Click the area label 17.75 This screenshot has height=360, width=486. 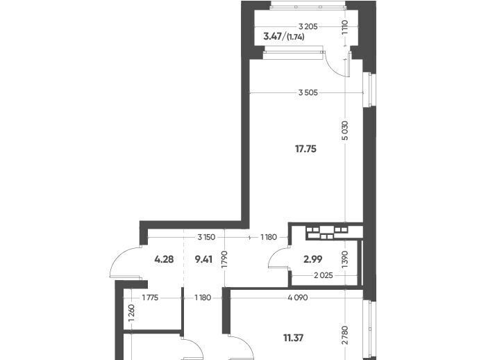click(x=305, y=149)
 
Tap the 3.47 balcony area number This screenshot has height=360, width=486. click(x=272, y=37)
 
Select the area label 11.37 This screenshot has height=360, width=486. click(x=293, y=337)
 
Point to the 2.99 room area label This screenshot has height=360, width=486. click(x=312, y=259)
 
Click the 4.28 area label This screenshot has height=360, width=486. click(x=164, y=259)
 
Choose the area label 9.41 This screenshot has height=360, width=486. click(x=203, y=259)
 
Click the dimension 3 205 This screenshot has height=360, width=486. click(x=308, y=26)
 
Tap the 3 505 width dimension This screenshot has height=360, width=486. click(x=308, y=92)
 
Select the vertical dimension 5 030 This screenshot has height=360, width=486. click(x=345, y=131)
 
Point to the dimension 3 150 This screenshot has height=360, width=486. click(x=206, y=238)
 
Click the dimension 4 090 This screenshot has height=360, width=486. click(x=298, y=298)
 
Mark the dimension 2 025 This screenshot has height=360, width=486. click(x=324, y=275)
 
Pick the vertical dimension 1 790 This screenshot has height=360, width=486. click(x=225, y=259)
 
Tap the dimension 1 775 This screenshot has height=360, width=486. click(x=151, y=298)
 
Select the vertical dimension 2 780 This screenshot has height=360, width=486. click(x=345, y=335)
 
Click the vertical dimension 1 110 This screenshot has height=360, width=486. click(x=345, y=27)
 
